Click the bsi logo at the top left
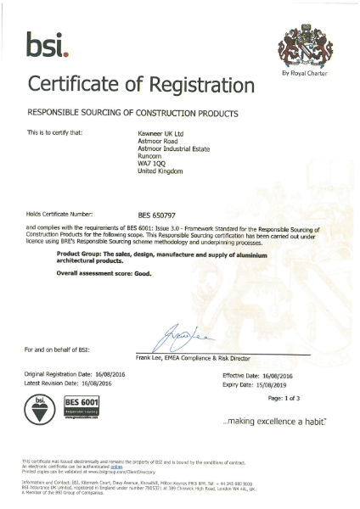48,44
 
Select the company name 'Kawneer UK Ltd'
161,132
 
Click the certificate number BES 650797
157,215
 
